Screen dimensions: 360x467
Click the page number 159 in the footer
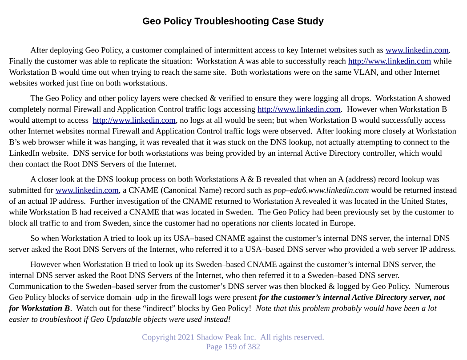pyautogui.click(x=230, y=347)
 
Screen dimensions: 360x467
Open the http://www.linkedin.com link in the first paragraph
pyautogui.click(x=389, y=61)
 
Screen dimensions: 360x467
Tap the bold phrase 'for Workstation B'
pyautogui.click(x=39, y=308)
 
